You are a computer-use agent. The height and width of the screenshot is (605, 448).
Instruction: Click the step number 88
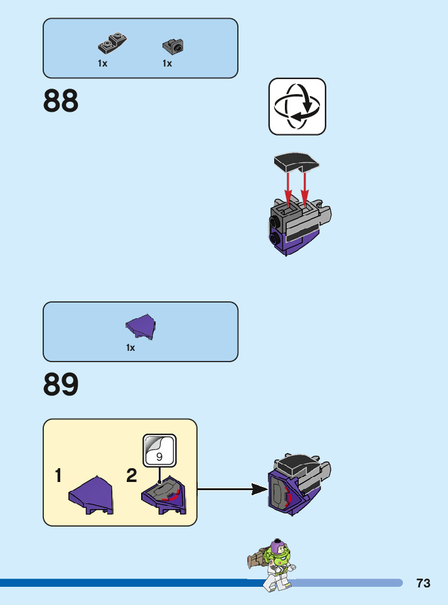point(61,101)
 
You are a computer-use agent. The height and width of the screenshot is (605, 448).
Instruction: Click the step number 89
point(61,385)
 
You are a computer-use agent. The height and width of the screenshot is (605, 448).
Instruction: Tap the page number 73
point(423,583)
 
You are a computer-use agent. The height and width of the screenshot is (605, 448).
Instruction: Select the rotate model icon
point(297,107)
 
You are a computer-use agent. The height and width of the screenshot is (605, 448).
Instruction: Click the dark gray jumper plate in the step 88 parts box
point(112,44)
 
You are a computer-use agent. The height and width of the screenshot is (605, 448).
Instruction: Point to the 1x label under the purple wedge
point(131,348)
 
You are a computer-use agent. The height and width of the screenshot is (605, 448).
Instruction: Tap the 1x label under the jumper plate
point(102,63)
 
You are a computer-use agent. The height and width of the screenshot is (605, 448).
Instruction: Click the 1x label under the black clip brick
point(167,63)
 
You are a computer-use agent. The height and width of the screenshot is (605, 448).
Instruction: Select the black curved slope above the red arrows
point(297,162)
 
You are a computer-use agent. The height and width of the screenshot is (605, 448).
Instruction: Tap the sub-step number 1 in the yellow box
point(58,476)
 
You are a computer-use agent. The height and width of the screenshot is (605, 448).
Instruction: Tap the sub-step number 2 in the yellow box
point(131,476)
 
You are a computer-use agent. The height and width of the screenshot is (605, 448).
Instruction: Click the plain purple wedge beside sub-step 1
point(92,495)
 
